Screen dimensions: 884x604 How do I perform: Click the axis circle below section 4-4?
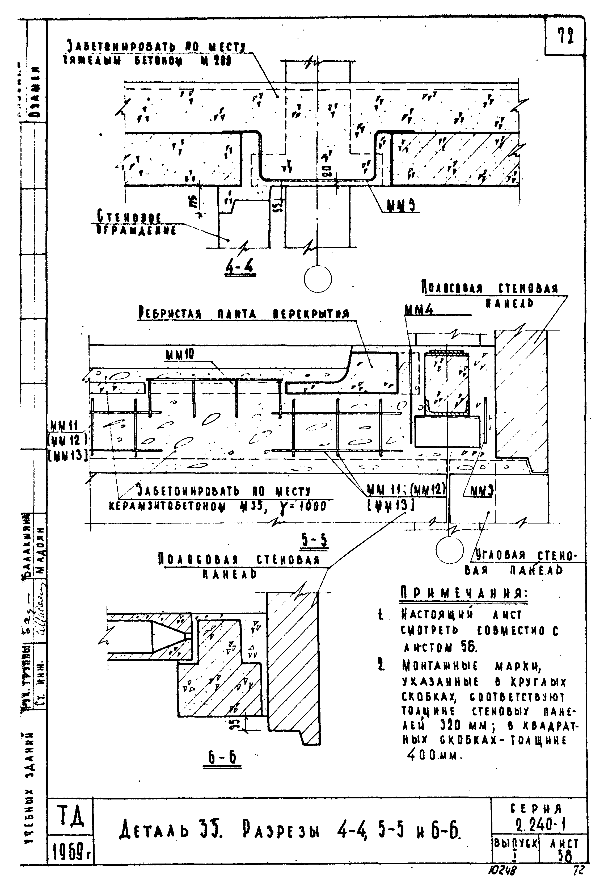point(318,279)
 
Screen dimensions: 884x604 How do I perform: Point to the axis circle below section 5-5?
point(450,550)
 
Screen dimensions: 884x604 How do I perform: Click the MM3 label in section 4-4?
point(401,206)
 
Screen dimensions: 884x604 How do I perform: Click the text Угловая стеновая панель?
point(525,563)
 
